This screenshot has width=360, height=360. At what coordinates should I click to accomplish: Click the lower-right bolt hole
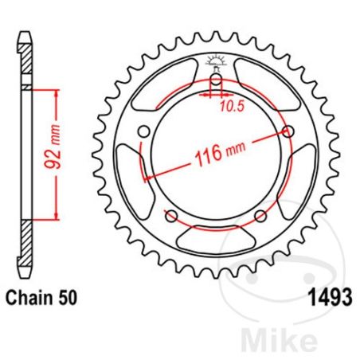coord(259,216)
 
